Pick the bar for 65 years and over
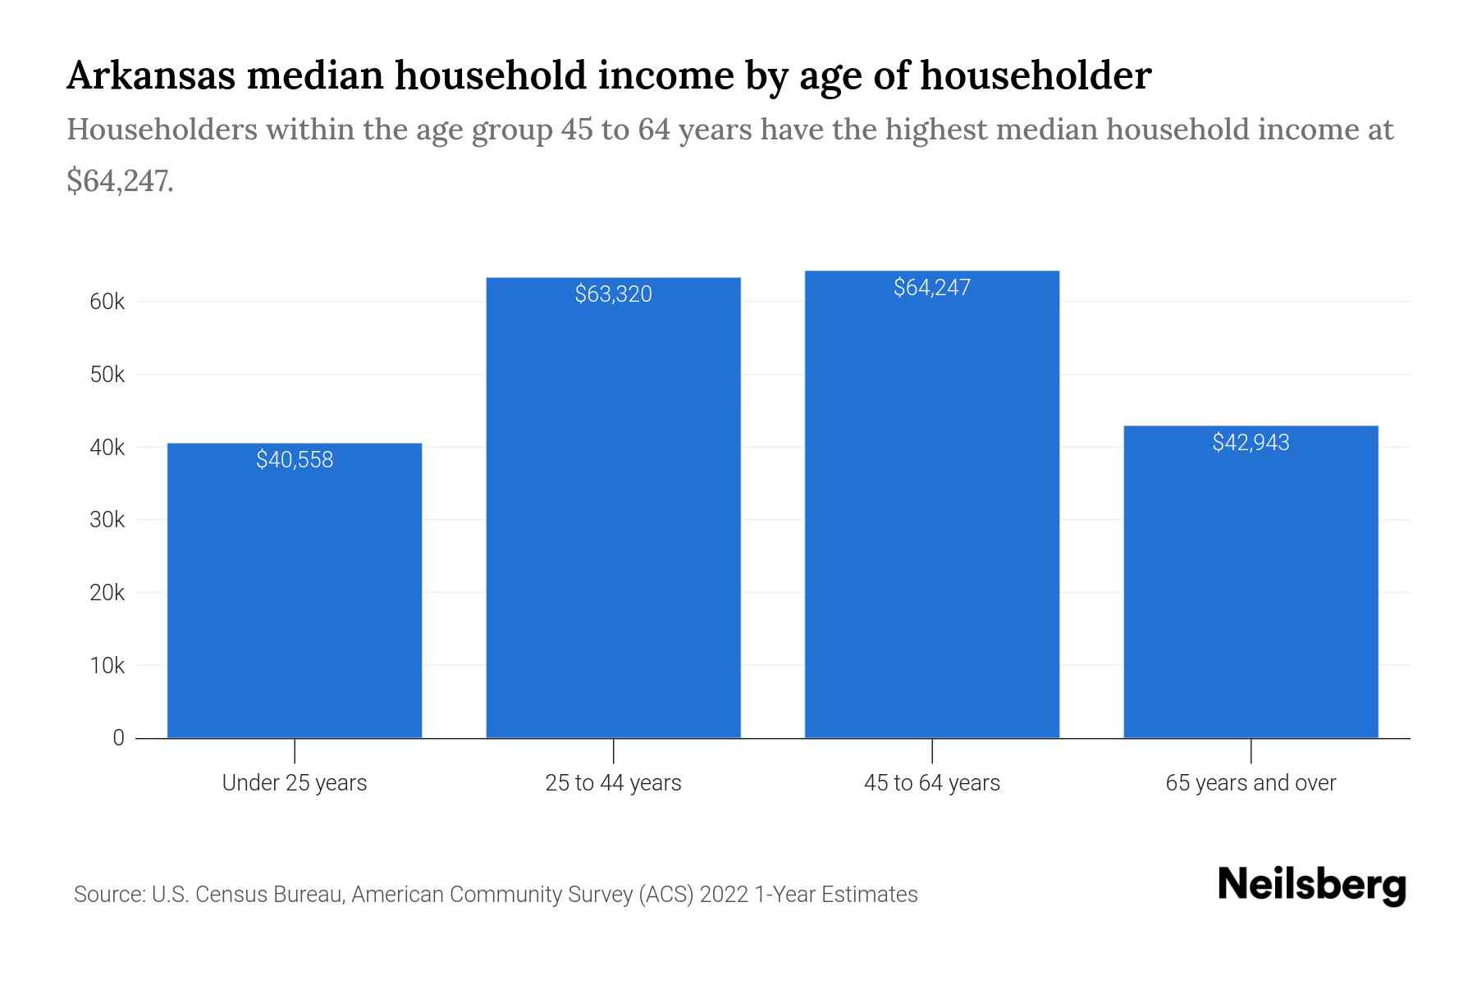click(x=1251, y=590)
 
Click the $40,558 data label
click(x=295, y=460)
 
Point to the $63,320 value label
click(x=613, y=294)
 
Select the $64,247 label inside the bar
click(x=931, y=288)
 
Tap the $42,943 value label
click(x=1251, y=443)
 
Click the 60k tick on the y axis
click(x=107, y=302)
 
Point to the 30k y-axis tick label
click(x=107, y=520)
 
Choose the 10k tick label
click(x=107, y=666)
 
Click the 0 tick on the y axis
click(x=118, y=738)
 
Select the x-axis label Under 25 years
click(x=295, y=783)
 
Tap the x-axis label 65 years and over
click(x=1251, y=783)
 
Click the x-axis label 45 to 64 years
click(x=931, y=783)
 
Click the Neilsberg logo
click(x=1311, y=886)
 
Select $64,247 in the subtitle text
click(x=119, y=181)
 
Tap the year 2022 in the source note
click(x=724, y=894)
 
